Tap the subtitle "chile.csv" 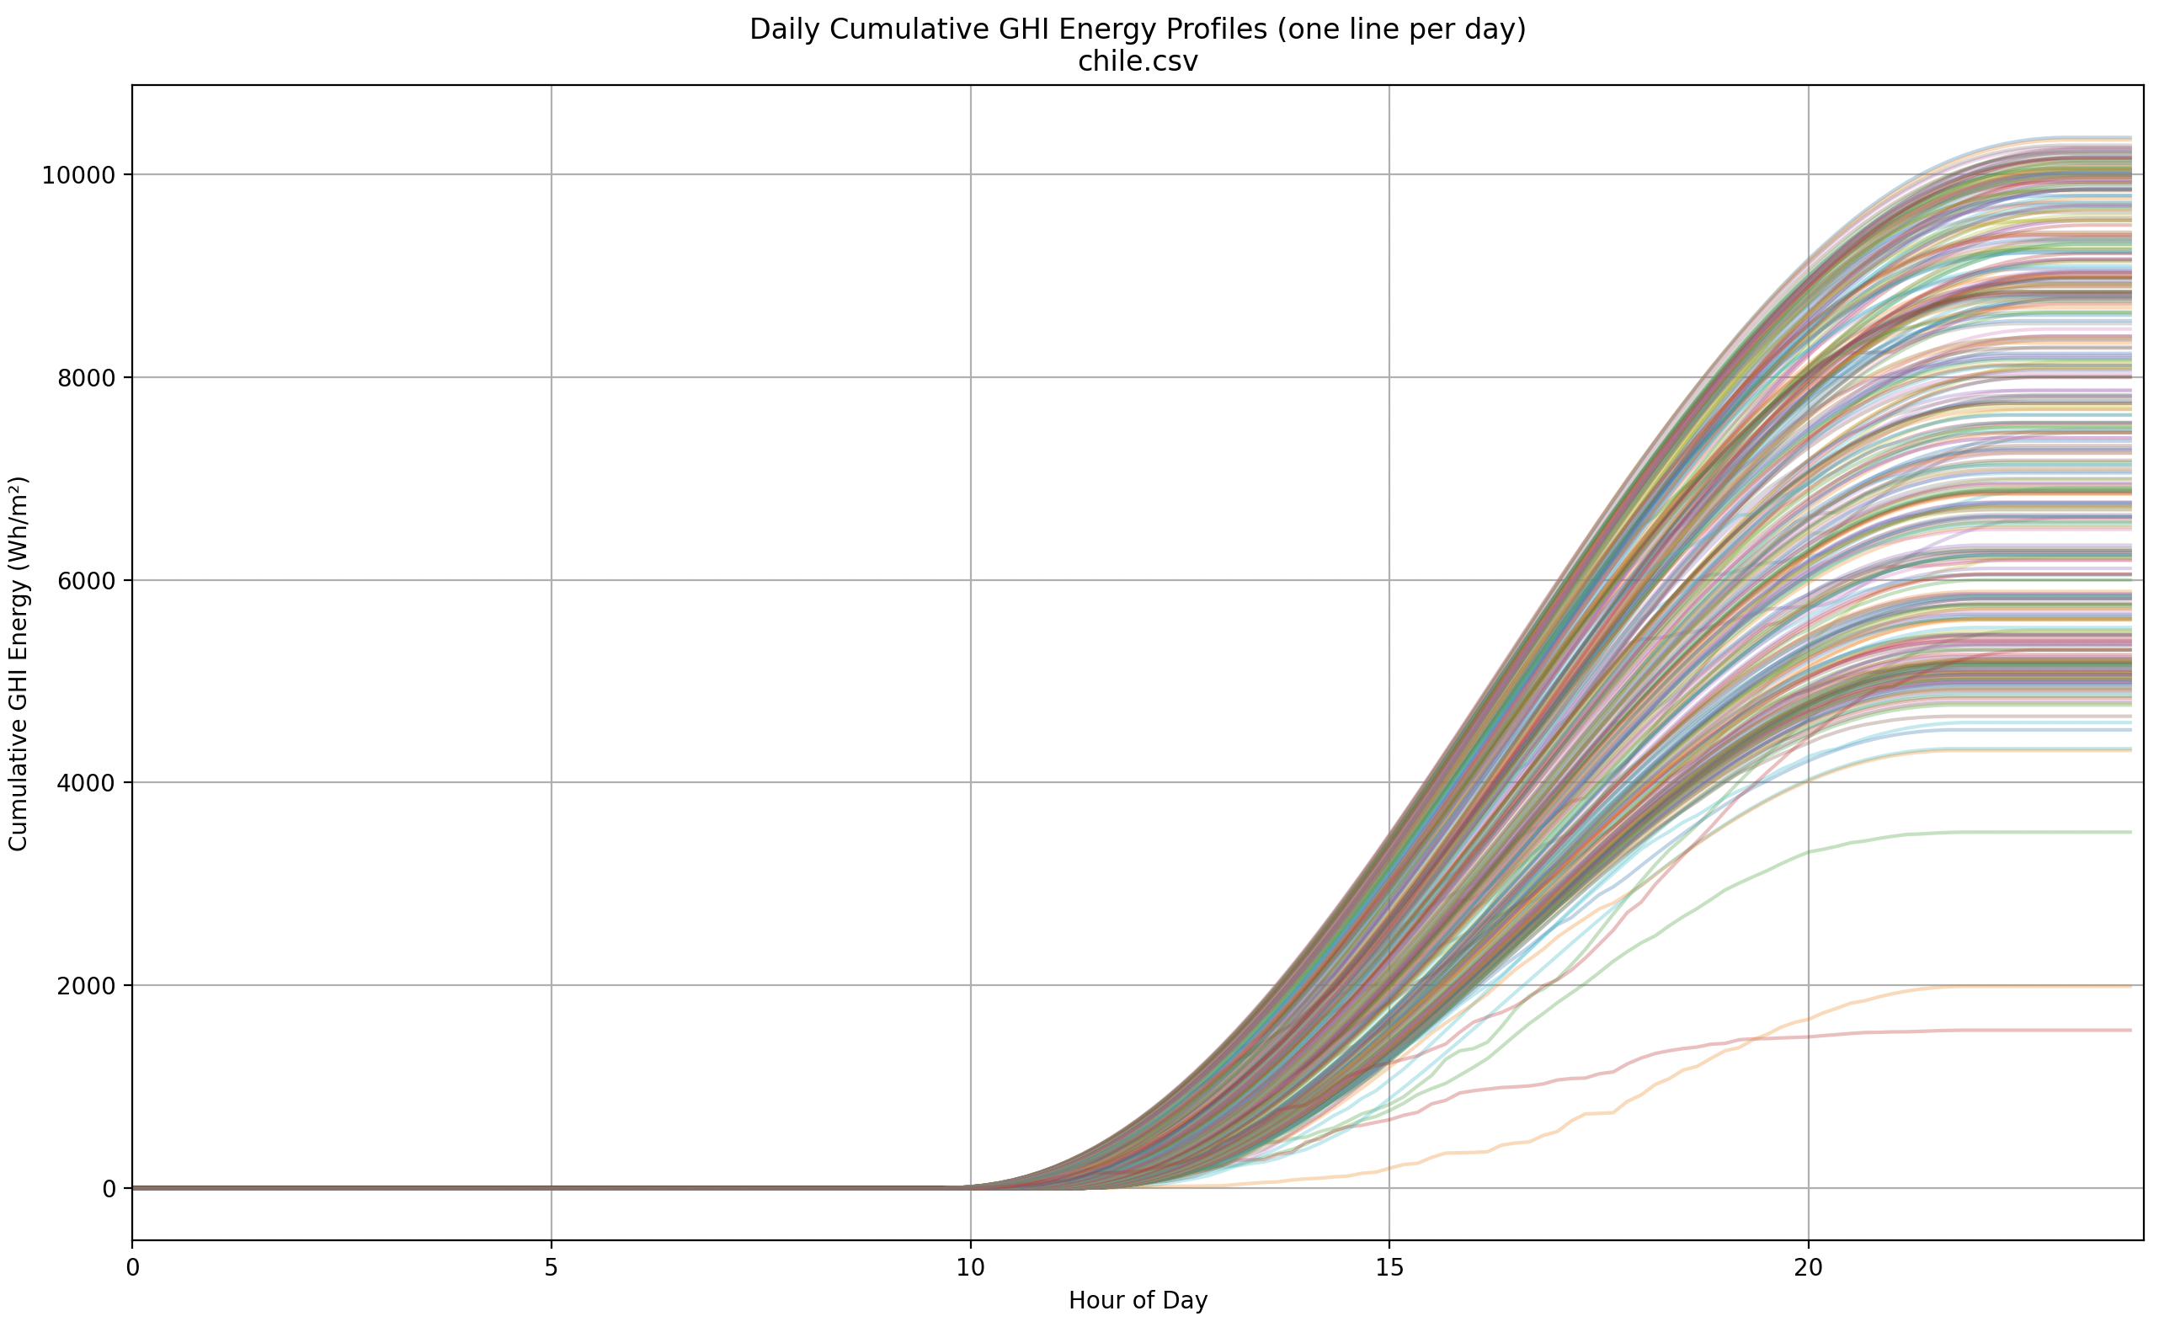(x=1138, y=62)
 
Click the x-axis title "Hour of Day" (x=1138, y=1301)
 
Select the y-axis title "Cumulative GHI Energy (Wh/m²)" (x=19, y=663)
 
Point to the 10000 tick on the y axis (x=79, y=175)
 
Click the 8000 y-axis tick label (x=86, y=378)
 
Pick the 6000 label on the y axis (x=86, y=581)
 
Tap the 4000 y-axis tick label (x=86, y=783)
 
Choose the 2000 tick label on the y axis (x=86, y=986)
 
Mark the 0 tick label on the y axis (x=109, y=1189)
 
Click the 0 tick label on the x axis (x=132, y=1268)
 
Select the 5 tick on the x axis (x=552, y=1268)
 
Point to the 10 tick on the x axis (x=970, y=1268)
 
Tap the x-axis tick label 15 (x=1389, y=1268)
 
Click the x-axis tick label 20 (x=1808, y=1268)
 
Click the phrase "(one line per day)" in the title (x=1402, y=29)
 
